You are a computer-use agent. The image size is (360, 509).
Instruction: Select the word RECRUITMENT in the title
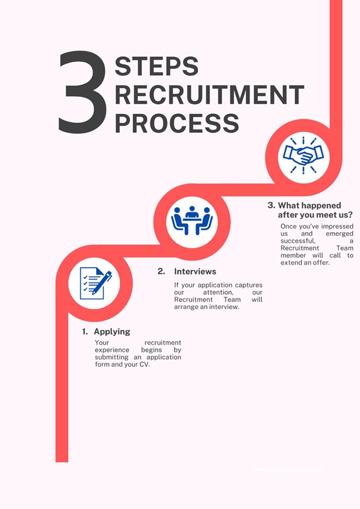coord(209,95)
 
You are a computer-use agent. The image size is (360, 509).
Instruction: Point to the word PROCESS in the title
coord(176,123)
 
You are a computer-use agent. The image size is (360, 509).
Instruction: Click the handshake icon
coord(303,154)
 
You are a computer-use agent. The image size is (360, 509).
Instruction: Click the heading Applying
coord(112,332)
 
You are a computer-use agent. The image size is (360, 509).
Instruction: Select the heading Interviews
coord(195,271)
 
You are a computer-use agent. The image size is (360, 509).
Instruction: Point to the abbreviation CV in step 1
coord(145,365)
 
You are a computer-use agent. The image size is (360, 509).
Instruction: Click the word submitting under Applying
coord(112,357)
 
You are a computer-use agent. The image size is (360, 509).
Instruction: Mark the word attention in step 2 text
coord(218,292)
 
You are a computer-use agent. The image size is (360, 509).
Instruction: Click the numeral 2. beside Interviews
coord(161,271)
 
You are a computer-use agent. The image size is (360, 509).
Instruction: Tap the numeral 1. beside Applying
coord(85,332)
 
